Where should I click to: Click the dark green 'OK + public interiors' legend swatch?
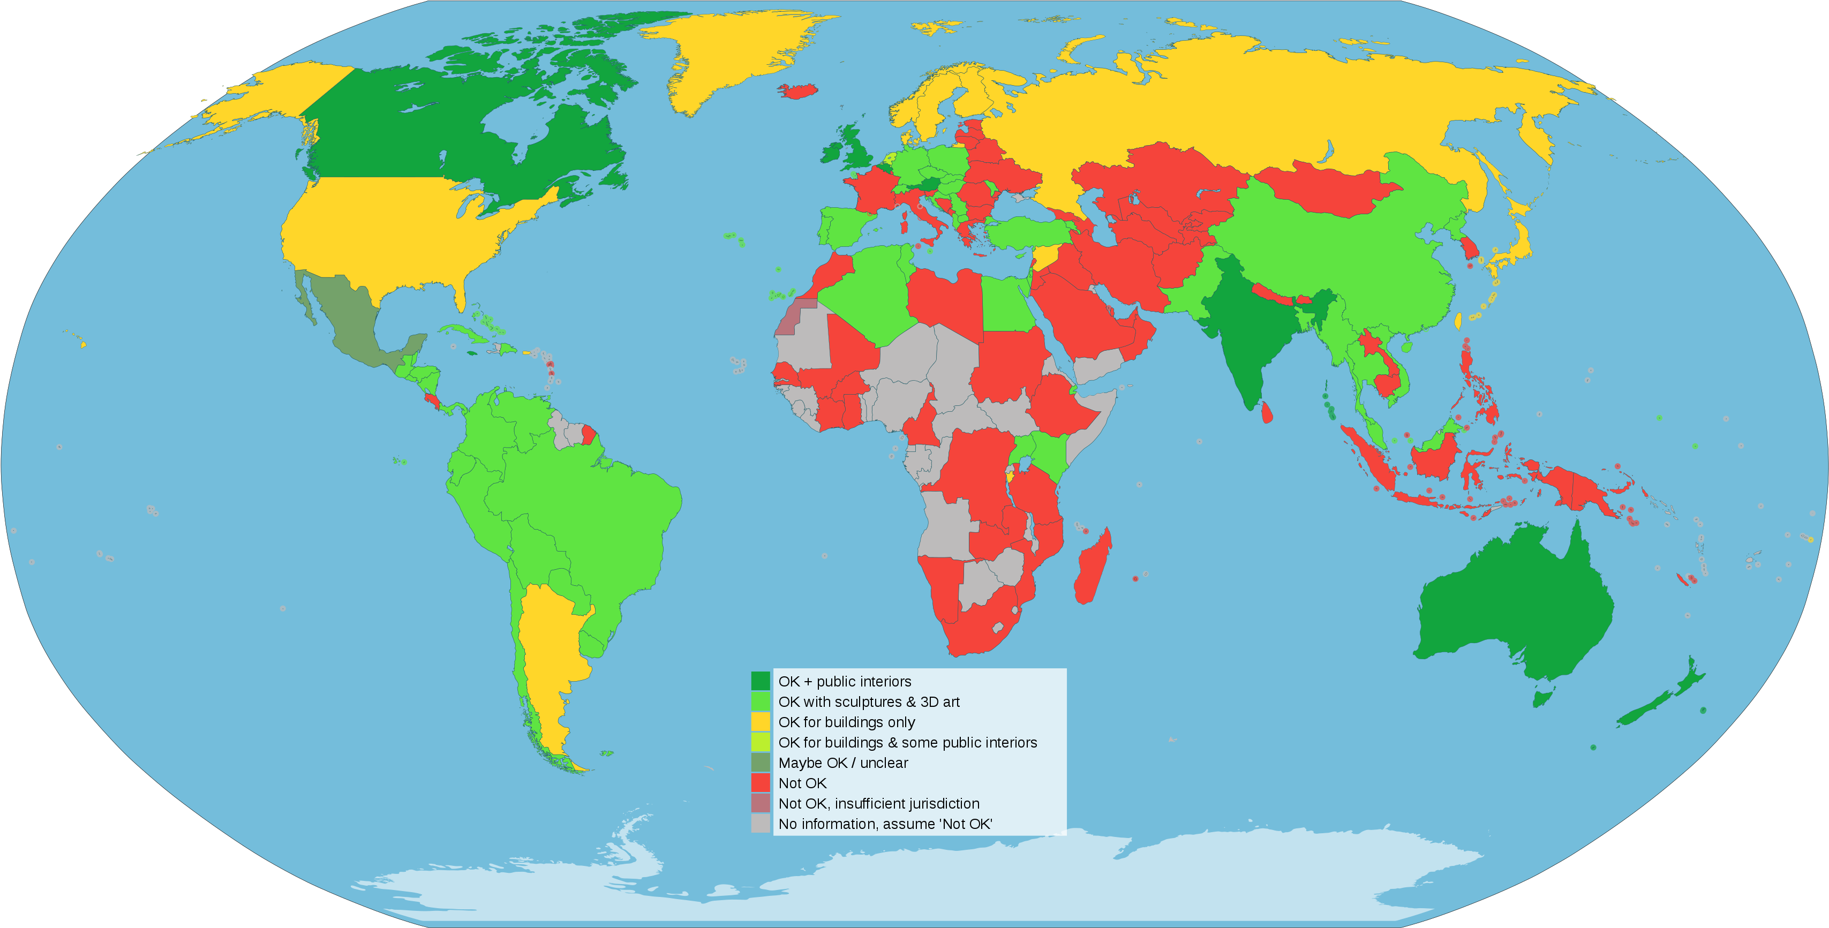pos(761,681)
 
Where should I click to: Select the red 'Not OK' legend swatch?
pos(761,783)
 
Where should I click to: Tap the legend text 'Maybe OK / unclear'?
pos(843,763)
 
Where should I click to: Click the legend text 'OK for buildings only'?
pos(846,722)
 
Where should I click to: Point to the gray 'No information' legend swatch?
pos(761,824)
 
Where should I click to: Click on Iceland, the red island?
pos(798,91)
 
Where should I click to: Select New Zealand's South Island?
pos(1647,710)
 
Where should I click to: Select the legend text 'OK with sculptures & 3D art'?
pos(868,701)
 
